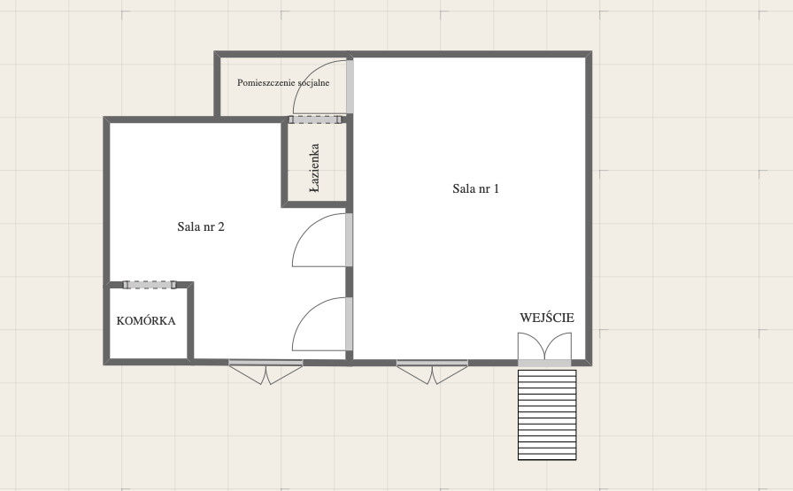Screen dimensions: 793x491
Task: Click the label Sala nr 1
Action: (475, 188)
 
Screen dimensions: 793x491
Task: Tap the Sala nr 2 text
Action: (201, 226)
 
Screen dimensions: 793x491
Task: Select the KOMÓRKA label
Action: (146, 320)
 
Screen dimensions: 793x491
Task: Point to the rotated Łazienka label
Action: (314, 168)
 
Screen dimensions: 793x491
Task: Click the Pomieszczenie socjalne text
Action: (283, 82)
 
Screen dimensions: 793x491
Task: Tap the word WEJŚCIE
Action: (547, 318)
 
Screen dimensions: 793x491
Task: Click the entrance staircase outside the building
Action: (547, 415)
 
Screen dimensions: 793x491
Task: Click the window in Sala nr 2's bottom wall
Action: (266, 372)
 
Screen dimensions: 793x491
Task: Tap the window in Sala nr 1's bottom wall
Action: (433, 372)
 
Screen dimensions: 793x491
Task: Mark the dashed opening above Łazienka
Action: (315, 119)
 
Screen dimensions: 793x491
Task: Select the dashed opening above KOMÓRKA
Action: (150, 285)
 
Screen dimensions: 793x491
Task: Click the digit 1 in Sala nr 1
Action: (497, 188)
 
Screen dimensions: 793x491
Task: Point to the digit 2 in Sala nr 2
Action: (221, 226)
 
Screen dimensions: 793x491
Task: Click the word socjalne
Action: (313, 82)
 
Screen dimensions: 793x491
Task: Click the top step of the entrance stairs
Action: (547, 372)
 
